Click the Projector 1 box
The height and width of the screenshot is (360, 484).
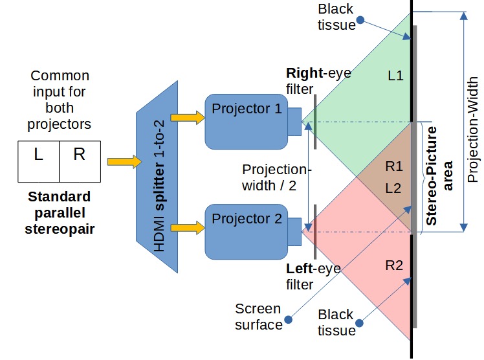246,120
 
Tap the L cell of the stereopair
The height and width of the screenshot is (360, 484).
38,155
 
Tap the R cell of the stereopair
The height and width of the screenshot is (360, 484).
79,155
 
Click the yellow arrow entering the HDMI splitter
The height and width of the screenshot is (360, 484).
124,161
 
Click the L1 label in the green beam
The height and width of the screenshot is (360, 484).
395,76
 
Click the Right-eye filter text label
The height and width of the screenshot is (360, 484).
318,81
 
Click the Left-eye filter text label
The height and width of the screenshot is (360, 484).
313,276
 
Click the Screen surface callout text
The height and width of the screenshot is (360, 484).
258,316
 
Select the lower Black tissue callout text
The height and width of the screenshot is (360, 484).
336,322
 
